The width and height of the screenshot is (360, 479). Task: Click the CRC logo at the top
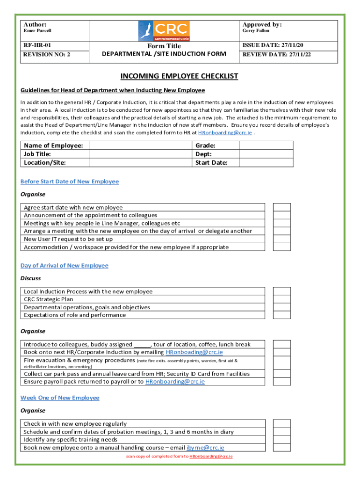tap(164, 31)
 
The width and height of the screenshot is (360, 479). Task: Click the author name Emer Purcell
tap(38, 31)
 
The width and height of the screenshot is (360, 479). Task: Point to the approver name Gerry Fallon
tap(256, 31)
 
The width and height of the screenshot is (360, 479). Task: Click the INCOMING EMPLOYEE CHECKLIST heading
tap(180, 76)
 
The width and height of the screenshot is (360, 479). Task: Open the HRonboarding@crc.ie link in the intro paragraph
tap(225, 133)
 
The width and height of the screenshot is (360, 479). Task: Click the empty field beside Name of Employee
tap(140, 145)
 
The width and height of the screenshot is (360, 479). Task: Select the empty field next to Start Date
tap(266, 162)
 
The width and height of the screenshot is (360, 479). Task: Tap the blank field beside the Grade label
tap(266, 145)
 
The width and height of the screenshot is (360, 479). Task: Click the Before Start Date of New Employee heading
tap(70, 181)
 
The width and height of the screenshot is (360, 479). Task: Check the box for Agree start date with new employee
tap(282, 207)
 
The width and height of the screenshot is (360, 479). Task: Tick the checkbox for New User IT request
tap(282, 239)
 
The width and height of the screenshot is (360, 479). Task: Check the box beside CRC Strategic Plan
tap(282, 299)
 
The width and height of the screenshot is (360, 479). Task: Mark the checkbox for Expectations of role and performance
tap(282, 315)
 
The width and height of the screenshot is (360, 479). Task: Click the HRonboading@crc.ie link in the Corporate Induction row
tap(194, 352)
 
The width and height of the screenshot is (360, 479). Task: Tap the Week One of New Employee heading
tap(60, 398)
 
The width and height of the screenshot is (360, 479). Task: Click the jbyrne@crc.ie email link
tap(205, 448)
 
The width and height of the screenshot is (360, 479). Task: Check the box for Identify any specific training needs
tap(282, 440)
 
